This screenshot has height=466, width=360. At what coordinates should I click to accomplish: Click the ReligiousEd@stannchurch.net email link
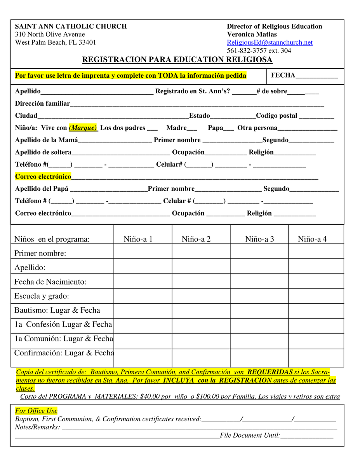coord(270,43)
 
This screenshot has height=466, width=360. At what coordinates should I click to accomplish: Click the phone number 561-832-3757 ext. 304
coord(259,51)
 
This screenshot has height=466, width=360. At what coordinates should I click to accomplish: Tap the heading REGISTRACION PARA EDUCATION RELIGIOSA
coord(177,60)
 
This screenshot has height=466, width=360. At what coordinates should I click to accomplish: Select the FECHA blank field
coord(316,76)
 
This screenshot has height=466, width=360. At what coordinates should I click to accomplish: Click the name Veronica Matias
coord(252,35)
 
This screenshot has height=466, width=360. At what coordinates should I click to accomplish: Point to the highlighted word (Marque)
coord(83,128)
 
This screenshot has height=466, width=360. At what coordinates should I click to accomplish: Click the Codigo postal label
coord(277,116)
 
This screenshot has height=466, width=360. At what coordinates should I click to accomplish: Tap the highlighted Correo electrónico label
coord(43,177)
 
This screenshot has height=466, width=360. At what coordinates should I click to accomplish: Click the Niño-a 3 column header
coord(259,239)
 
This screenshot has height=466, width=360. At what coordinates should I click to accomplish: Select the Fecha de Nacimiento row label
coord(50,282)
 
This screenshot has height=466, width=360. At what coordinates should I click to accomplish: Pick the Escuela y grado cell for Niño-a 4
coord(316,296)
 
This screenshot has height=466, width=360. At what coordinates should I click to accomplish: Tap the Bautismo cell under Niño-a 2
coord(201,311)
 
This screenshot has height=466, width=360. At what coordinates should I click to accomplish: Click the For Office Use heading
coord(36,411)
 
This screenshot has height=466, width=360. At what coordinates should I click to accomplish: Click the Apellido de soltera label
coord(43,152)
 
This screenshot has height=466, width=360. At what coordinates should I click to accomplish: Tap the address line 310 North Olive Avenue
coord(50,35)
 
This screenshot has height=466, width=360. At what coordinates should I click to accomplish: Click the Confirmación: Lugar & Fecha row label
coord(64,353)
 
